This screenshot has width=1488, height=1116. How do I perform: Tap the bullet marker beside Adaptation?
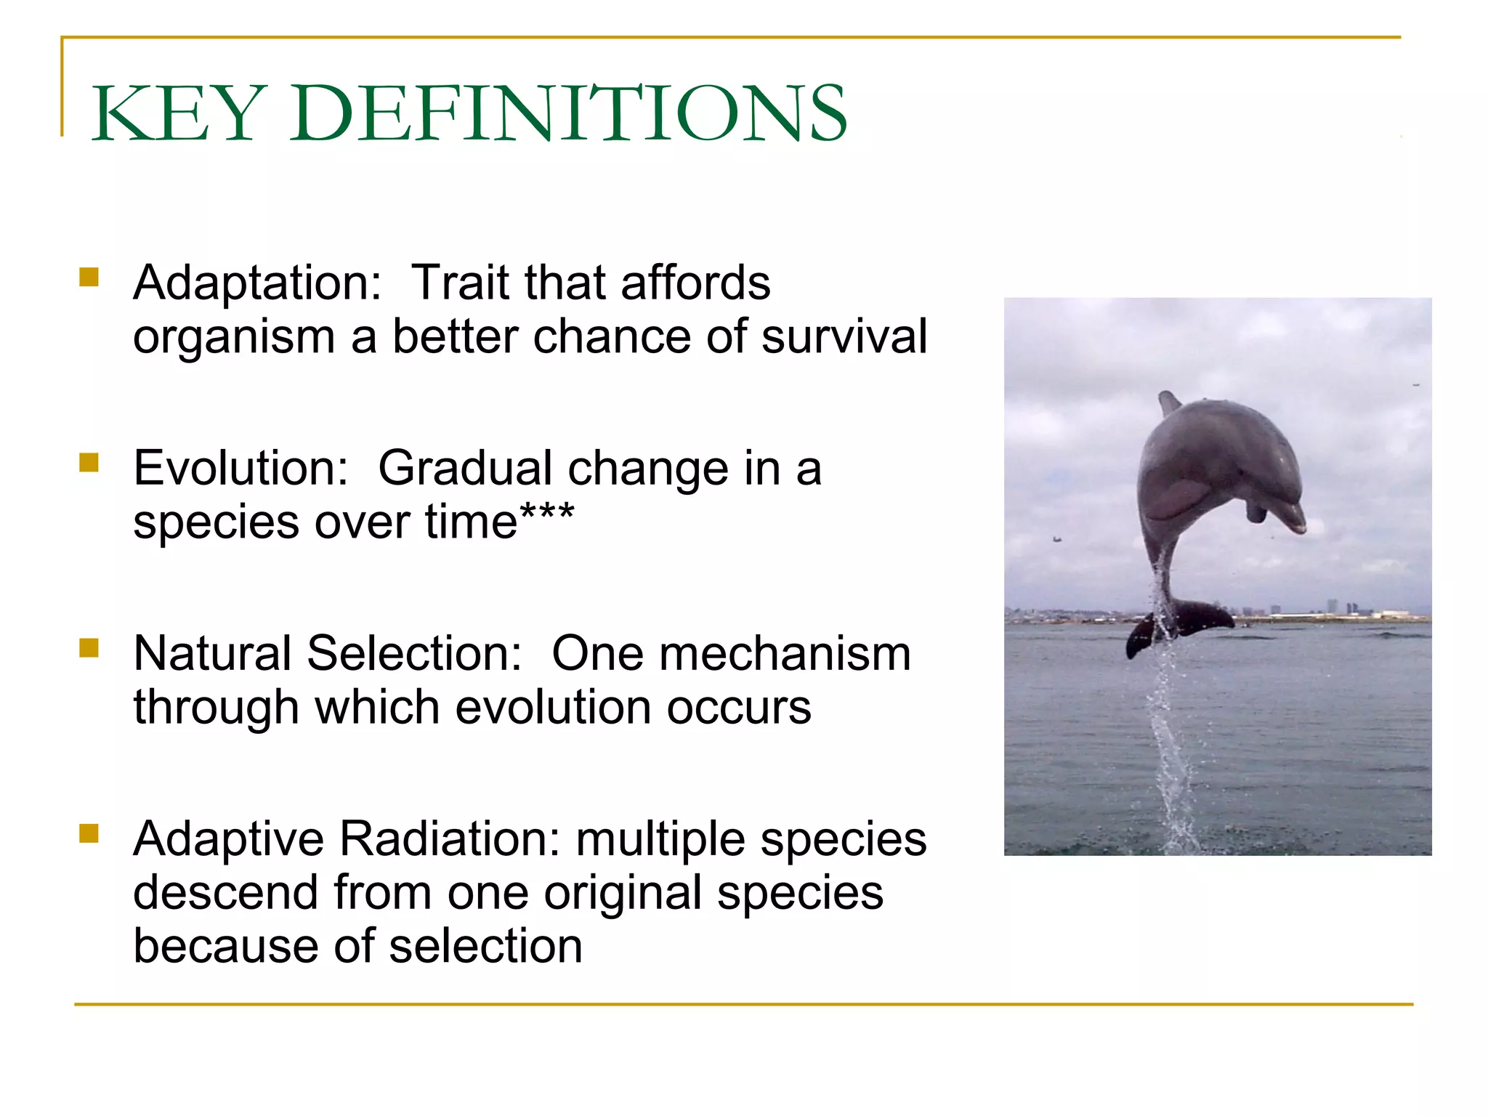click(x=89, y=278)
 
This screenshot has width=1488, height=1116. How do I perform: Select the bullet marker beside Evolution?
click(x=89, y=463)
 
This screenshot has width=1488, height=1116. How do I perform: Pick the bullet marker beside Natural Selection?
click(x=89, y=647)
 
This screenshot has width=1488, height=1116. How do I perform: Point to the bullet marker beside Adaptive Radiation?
click(x=89, y=833)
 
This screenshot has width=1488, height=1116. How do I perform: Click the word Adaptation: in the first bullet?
click(x=257, y=283)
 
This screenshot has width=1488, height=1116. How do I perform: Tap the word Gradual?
click(x=465, y=468)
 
